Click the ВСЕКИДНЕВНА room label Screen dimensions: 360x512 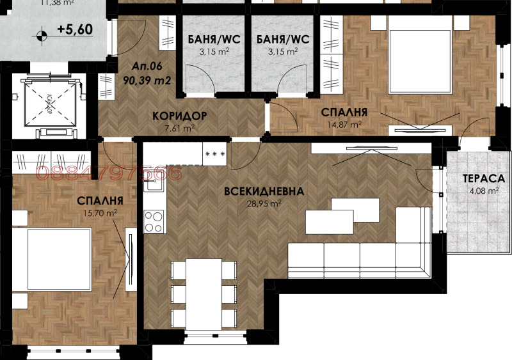263,191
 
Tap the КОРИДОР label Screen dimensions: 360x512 179,116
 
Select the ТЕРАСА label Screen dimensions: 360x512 481,178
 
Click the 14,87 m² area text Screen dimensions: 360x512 346,125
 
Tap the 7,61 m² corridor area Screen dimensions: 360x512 179,128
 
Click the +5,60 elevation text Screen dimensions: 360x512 75,29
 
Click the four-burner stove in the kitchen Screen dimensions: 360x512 154,221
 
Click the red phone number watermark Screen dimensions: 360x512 109,173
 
